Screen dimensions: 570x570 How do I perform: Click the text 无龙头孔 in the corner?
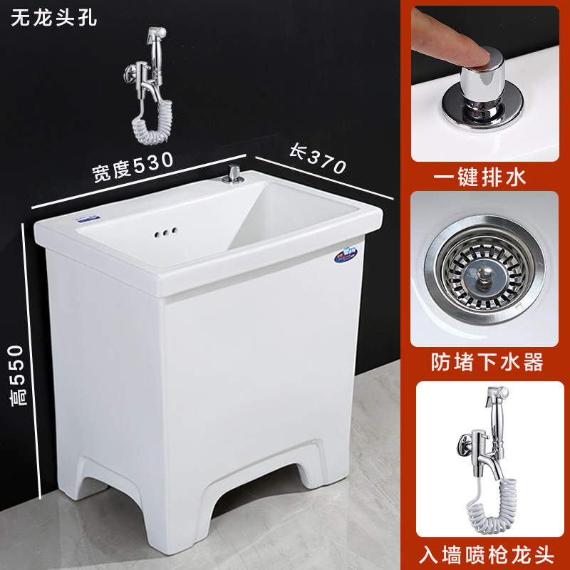(x=53, y=17)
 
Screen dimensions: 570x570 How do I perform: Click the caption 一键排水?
(x=488, y=176)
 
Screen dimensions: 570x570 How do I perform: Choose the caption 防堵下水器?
(x=487, y=363)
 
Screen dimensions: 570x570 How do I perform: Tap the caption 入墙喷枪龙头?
(x=487, y=551)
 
